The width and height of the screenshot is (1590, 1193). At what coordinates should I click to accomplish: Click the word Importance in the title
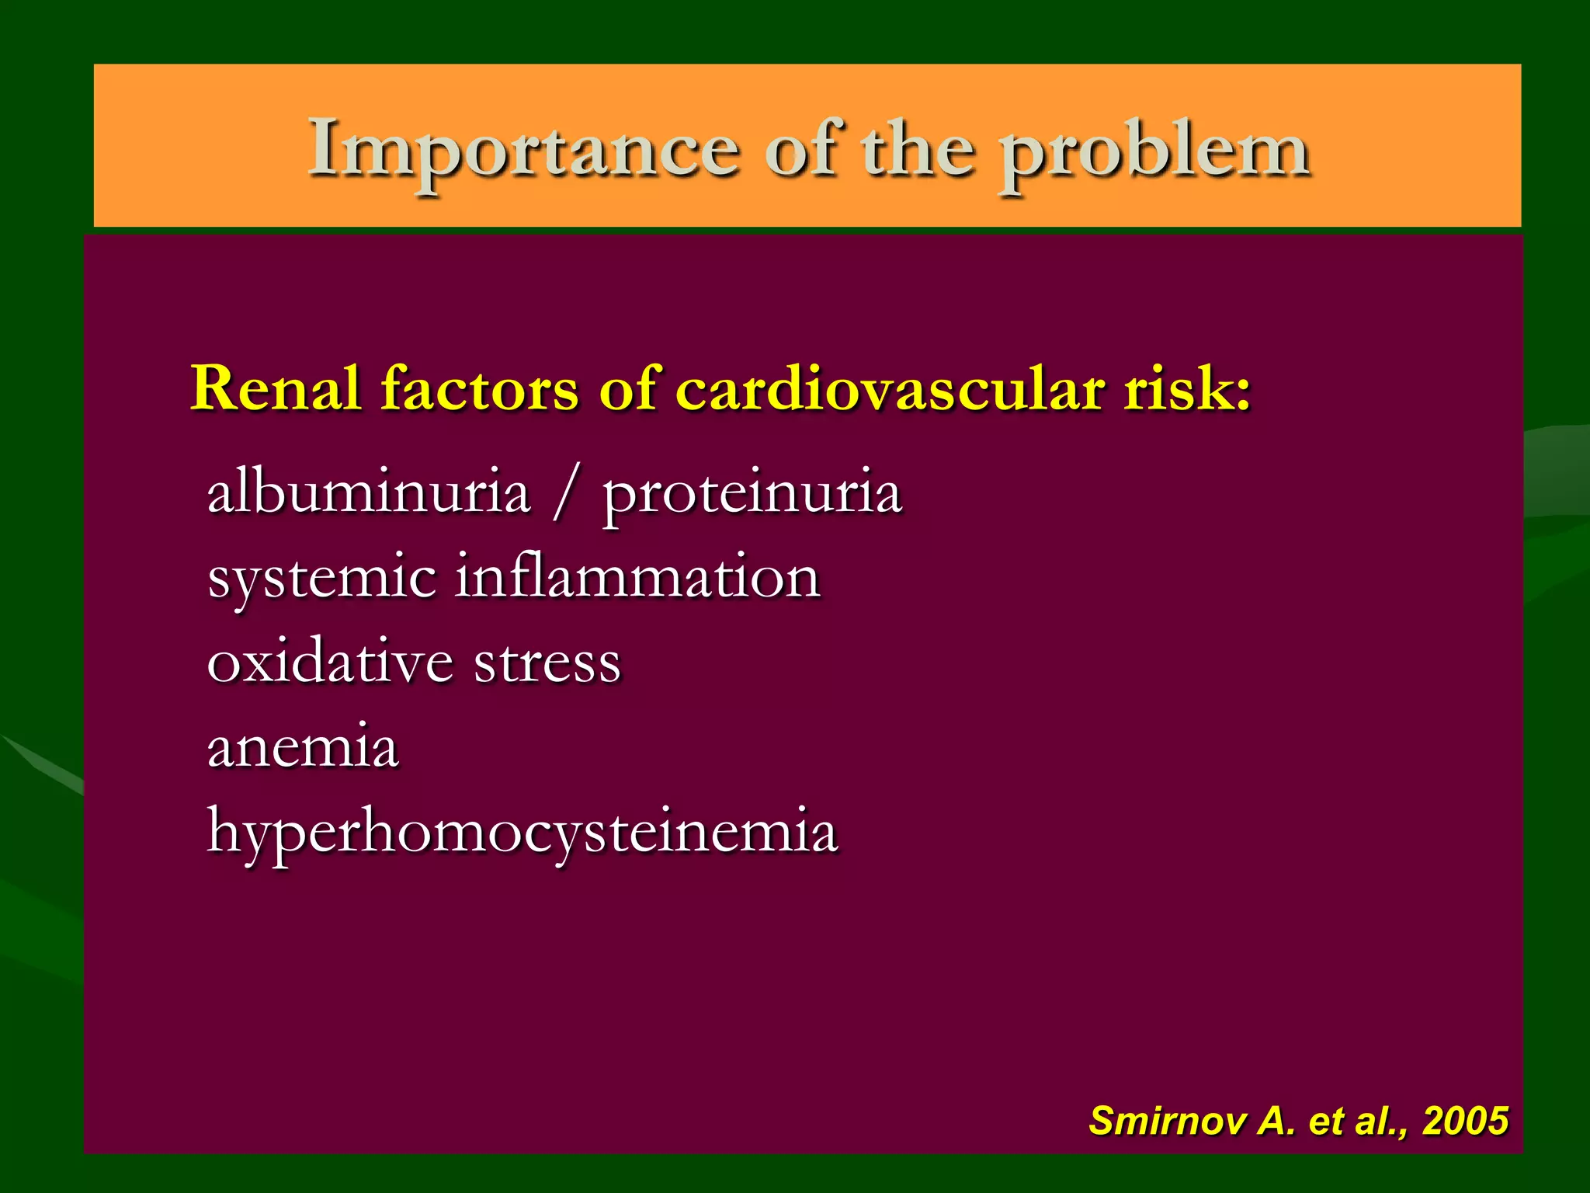[x=523, y=149]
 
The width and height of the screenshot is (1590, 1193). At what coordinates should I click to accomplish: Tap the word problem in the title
[x=1154, y=154]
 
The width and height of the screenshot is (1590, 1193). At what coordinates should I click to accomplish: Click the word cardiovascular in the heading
[x=890, y=388]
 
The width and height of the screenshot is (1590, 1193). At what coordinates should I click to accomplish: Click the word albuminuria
[x=369, y=492]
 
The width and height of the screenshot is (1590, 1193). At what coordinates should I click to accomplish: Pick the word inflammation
[x=637, y=576]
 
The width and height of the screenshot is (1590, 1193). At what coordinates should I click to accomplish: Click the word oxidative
[x=330, y=662]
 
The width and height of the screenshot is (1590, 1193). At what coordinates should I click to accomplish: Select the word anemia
[x=303, y=746]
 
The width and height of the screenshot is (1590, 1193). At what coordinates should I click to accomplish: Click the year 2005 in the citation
[x=1465, y=1121]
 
